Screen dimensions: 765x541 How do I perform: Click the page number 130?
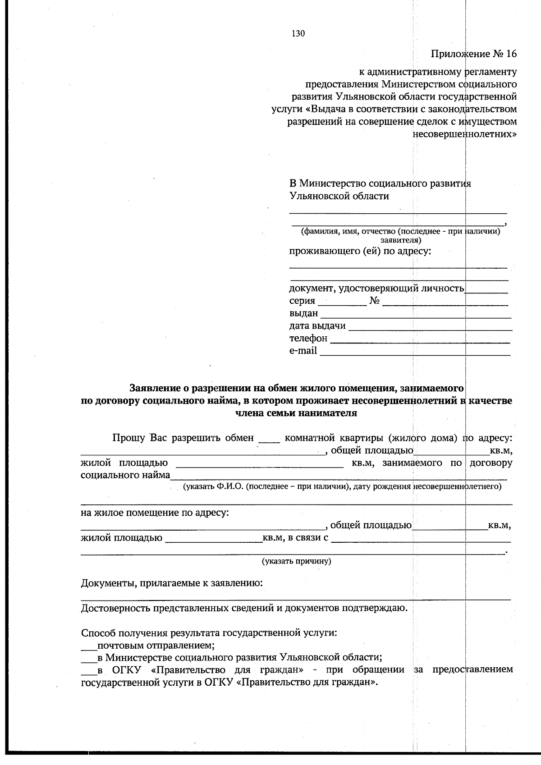pyautogui.click(x=298, y=33)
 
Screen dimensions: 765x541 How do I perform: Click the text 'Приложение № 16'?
pyautogui.click(x=473, y=54)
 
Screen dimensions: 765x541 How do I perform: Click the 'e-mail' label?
pyautogui.click(x=303, y=351)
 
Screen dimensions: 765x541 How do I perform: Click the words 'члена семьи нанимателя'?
pyautogui.click(x=296, y=413)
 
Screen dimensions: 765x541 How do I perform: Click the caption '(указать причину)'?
pyautogui.click(x=297, y=561)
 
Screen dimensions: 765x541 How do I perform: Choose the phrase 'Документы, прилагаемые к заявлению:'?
pyautogui.click(x=172, y=583)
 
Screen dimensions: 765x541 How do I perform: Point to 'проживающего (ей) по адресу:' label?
pyautogui.click(x=360, y=251)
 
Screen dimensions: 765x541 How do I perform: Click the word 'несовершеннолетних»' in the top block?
pyautogui.click(x=464, y=134)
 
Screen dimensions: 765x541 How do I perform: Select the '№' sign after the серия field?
pyautogui.click(x=374, y=301)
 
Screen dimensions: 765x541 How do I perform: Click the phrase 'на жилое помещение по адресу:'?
pyautogui.click(x=155, y=513)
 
